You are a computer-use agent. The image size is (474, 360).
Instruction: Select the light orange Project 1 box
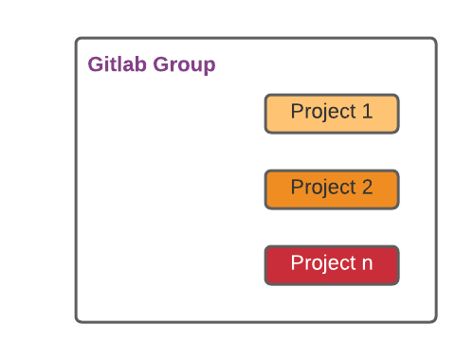[x=331, y=113]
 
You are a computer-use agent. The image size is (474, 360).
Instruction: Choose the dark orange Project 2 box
[x=331, y=189]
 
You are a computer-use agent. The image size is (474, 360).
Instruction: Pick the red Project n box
[x=331, y=264]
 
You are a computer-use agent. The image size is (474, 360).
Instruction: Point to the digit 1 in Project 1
[x=367, y=112]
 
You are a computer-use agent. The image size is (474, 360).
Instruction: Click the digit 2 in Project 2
[x=367, y=188]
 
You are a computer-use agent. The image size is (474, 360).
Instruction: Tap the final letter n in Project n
[x=367, y=263]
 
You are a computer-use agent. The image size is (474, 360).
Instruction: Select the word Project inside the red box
[x=322, y=263]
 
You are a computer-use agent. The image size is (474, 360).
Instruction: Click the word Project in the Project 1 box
[x=322, y=112]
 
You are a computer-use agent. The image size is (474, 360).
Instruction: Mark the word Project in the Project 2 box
[x=322, y=188]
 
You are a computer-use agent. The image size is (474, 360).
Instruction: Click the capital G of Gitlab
[x=96, y=65]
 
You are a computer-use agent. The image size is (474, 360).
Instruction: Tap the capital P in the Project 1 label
[x=297, y=112]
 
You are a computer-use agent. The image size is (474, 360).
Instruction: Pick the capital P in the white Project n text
[x=297, y=263]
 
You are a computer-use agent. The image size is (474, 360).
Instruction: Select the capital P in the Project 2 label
[x=297, y=188]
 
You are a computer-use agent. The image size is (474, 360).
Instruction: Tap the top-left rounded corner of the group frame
[x=79, y=41]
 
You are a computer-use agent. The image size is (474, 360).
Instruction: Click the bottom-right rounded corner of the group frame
[x=433, y=319]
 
